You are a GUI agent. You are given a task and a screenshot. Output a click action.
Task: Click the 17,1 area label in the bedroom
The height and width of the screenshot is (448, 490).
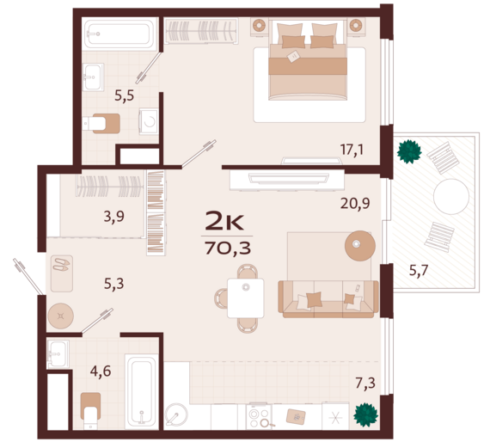pos(352,150)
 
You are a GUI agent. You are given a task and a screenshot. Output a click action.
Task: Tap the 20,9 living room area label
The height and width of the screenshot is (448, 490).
pos(355,204)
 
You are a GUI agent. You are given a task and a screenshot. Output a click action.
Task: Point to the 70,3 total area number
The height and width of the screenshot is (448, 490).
pos(228,249)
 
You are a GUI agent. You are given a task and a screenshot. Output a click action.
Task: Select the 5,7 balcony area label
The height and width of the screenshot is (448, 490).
pos(419,270)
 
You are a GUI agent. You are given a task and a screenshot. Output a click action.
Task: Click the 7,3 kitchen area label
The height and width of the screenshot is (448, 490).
pos(365,383)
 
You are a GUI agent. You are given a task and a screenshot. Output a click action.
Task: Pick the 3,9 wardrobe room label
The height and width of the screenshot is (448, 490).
pos(114,217)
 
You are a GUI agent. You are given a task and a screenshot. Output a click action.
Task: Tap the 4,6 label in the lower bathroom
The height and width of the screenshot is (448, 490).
pos(101,371)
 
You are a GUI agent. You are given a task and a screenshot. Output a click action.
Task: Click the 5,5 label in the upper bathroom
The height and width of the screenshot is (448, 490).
pos(125,95)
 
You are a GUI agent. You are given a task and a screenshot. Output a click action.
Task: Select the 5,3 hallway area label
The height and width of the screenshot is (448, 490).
pos(114,284)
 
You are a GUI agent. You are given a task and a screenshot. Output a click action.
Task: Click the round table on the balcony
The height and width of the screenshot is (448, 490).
pos(451,196)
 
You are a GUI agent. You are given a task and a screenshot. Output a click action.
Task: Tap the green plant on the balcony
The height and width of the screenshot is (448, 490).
pos(408,151)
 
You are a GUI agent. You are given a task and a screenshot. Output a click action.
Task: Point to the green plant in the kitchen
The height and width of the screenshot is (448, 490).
pos(365,415)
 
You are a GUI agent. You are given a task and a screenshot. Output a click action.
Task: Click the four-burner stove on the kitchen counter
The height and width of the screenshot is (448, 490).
pos(259,417)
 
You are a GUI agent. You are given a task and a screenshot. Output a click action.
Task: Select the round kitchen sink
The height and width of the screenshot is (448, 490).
pos(176,414)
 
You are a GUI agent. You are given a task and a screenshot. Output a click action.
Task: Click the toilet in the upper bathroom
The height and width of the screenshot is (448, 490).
pos(101,124)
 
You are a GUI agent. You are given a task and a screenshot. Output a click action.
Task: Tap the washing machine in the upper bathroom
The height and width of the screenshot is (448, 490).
pos(149,121)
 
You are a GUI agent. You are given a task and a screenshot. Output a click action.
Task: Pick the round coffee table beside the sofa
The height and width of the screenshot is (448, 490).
pos(359,246)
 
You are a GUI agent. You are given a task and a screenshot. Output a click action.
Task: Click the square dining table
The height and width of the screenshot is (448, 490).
pos(246,298)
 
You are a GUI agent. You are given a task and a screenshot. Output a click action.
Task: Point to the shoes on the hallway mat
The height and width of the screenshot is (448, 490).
pos(61,265)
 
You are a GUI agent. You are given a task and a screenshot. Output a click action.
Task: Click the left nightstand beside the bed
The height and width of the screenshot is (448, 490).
pos(259,26)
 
